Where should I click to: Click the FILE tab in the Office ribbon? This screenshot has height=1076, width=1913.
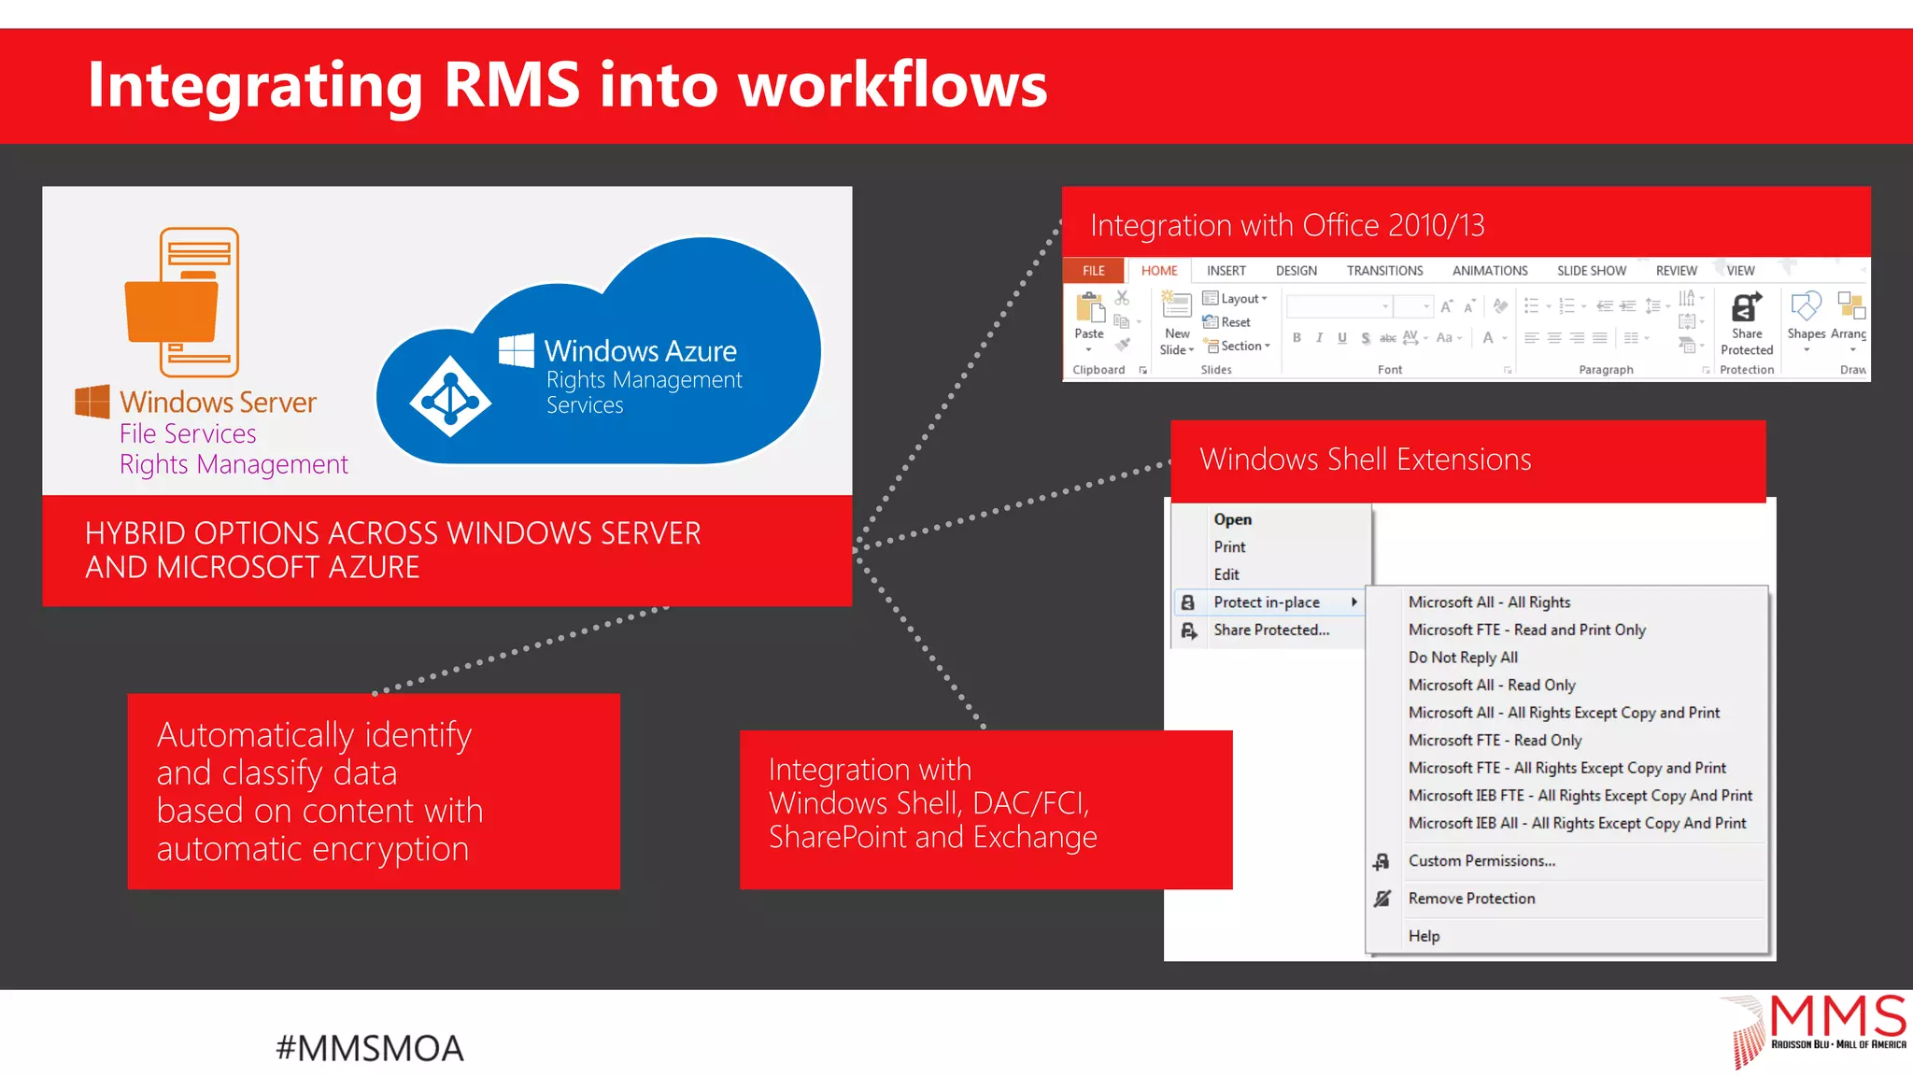pos(1093,271)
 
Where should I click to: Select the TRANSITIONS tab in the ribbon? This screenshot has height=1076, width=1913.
pos(1384,271)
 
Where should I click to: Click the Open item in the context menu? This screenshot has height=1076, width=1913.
pos(1232,519)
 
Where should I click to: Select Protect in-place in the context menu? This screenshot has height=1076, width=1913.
pos(1266,602)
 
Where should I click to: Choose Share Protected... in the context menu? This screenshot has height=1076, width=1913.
pos(1270,630)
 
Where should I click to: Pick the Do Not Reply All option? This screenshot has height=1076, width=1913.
pos(1463,658)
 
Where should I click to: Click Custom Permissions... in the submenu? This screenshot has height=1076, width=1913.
pos(1481,861)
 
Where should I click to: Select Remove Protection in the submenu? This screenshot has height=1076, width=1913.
pos(1471,899)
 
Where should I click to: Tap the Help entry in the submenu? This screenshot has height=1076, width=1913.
pos(1424,936)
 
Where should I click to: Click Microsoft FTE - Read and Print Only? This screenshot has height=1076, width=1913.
pos(1526,630)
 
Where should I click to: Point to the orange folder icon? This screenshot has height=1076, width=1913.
pos(172,310)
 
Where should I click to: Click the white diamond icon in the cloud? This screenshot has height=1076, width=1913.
pos(450,397)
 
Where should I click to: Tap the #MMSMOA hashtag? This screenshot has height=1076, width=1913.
pos(370,1048)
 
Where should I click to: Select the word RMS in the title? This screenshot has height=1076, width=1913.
pos(511,85)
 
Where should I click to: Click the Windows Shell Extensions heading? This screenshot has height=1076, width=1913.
pos(1365,460)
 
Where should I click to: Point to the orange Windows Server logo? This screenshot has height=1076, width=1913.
pos(92,402)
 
